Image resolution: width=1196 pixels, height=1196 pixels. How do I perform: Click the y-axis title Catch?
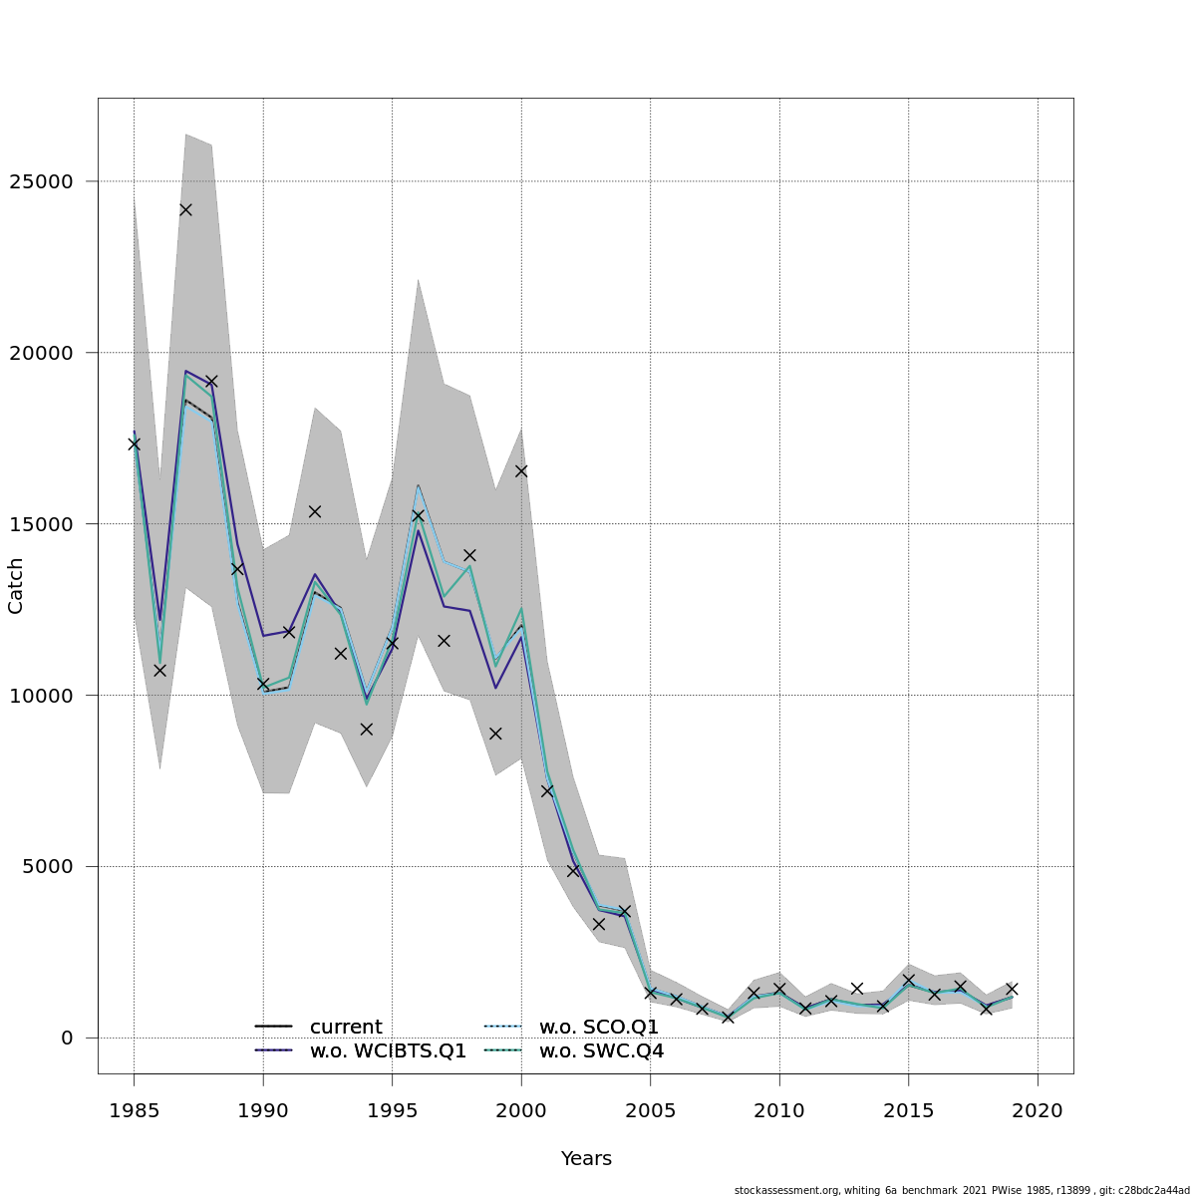click(x=16, y=585)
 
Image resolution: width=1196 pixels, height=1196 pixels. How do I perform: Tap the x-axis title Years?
click(x=586, y=1159)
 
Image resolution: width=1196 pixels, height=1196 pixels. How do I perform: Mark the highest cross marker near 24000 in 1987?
click(x=185, y=209)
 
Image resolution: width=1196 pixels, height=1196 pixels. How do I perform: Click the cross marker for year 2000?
click(x=521, y=470)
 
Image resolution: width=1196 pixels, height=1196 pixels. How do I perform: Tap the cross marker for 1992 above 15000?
click(x=314, y=511)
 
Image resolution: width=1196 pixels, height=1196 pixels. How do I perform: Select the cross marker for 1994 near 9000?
click(x=366, y=730)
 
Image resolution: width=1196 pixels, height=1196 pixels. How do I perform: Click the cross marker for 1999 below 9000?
click(x=495, y=734)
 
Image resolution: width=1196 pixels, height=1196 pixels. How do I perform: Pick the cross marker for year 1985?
click(x=134, y=444)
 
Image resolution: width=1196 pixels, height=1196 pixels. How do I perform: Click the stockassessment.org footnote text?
click(x=962, y=1190)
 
